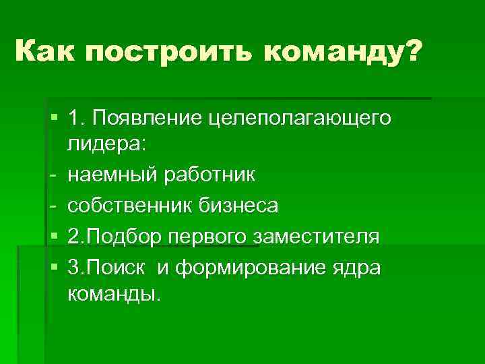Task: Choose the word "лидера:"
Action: [x=110, y=147]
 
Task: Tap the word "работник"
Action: [x=209, y=175]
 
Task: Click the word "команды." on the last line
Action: [x=115, y=295]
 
